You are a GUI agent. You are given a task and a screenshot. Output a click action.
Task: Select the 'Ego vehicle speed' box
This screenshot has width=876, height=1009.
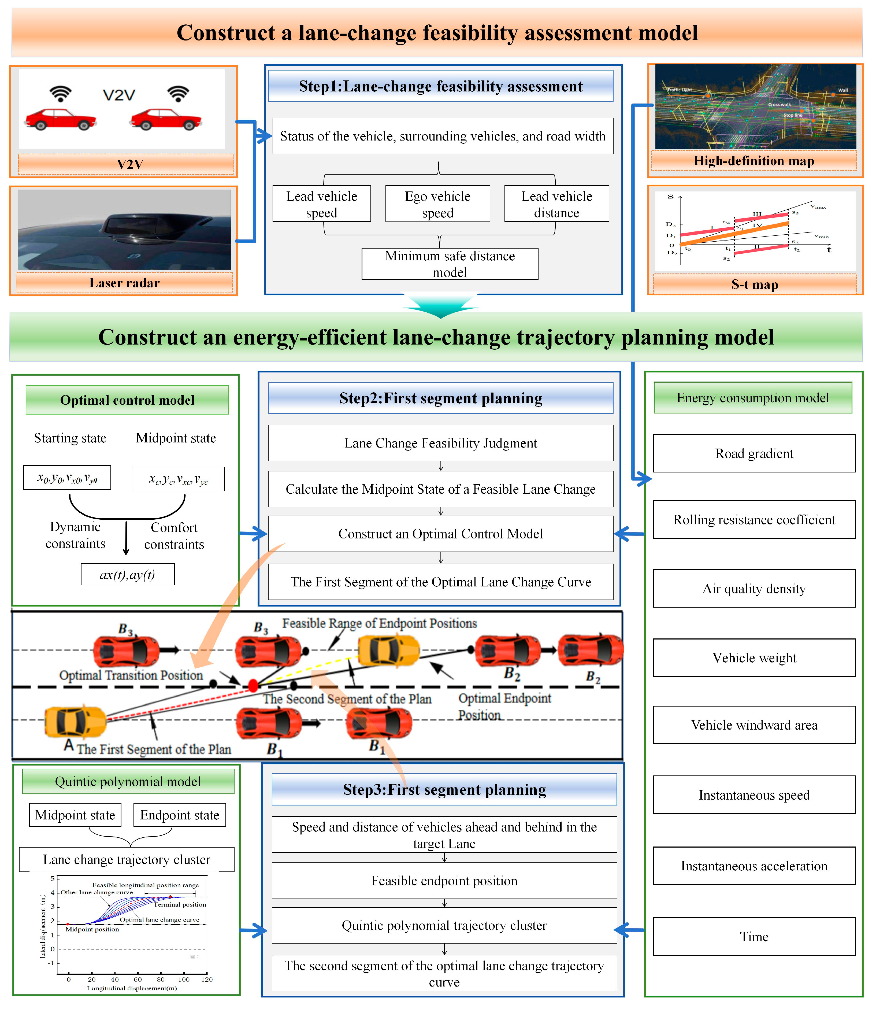pyautogui.click(x=437, y=204)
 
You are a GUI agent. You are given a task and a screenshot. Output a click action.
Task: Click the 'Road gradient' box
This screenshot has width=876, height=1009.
pyautogui.click(x=754, y=454)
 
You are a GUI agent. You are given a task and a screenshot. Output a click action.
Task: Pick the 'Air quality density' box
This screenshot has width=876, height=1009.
pyautogui.click(x=754, y=589)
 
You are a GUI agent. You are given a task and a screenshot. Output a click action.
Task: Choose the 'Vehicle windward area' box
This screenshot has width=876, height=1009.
pyautogui.click(x=754, y=725)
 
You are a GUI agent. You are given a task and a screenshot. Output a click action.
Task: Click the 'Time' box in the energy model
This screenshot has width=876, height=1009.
pyautogui.click(x=754, y=937)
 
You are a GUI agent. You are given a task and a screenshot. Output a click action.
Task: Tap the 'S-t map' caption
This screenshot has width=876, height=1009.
pyautogui.click(x=754, y=284)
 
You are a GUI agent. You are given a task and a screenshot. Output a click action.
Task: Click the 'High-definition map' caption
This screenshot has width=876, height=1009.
pyautogui.click(x=754, y=161)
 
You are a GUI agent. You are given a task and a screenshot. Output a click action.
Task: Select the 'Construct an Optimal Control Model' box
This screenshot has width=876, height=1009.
pyautogui.click(x=440, y=534)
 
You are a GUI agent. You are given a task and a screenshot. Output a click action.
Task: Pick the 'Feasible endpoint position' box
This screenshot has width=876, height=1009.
pyautogui.click(x=444, y=881)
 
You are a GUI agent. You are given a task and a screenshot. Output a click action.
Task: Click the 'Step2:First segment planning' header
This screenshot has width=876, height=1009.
pyautogui.click(x=440, y=398)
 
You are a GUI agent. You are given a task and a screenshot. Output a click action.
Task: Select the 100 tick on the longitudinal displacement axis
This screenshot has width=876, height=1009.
pyautogui.click(x=184, y=979)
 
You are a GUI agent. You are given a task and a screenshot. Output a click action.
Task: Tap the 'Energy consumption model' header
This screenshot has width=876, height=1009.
pyautogui.click(x=752, y=398)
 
